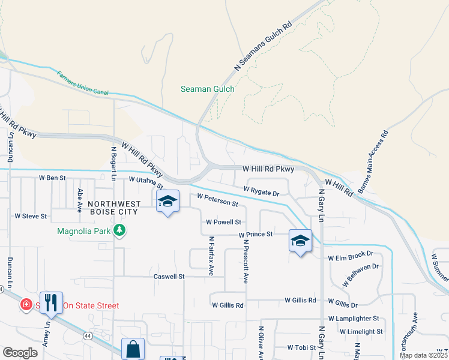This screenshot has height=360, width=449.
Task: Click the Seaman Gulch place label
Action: point(208,89)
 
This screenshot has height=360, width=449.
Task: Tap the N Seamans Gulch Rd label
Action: point(262,45)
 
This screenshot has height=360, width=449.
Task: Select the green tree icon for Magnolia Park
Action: point(120,230)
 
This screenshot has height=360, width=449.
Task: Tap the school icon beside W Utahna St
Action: point(168,202)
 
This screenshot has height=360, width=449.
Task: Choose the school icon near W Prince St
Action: point(300,241)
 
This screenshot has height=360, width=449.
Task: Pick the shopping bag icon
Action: point(133,349)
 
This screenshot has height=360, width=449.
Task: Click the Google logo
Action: point(20,353)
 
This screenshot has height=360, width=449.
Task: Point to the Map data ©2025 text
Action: point(423,355)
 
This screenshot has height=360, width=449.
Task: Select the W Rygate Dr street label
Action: point(262,191)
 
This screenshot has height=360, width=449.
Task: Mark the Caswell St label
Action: point(169,277)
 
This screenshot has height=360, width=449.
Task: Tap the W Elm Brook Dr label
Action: point(351,257)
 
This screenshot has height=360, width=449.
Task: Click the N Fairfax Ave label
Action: point(211,256)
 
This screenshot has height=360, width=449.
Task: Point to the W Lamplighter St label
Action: point(354,319)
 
